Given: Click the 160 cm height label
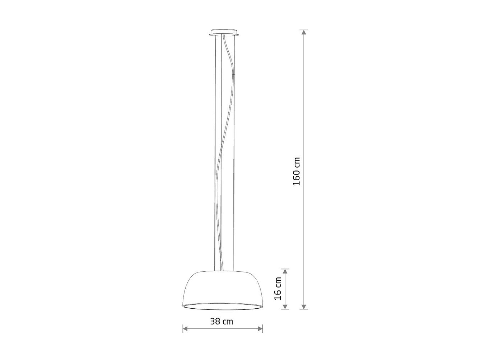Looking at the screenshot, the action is tap(297, 171).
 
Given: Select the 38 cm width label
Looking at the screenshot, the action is tap(222, 321).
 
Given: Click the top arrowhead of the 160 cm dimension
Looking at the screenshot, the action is tap(303, 32).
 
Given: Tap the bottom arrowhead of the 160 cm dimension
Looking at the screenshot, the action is tap(303, 306).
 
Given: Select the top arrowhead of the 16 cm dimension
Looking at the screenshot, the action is tap(285, 272).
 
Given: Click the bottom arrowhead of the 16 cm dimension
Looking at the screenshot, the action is tap(285, 306).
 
